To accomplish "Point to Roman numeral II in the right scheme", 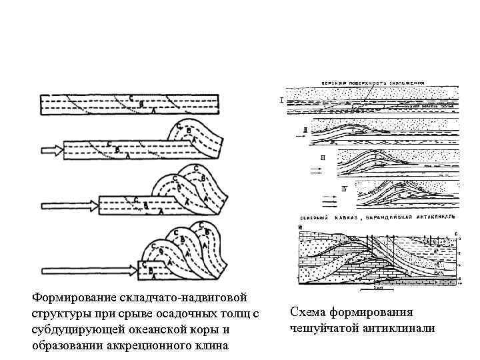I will tap(305, 129).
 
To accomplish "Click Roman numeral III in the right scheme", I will tap(323, 158).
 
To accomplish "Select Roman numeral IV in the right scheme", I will tap(344, 189).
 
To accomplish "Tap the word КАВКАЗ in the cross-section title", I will tap(341, 219).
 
